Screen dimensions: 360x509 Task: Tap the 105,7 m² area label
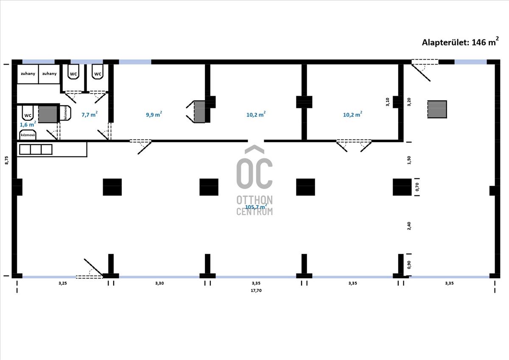point(256,207)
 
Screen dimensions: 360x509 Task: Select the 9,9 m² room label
point(154,114)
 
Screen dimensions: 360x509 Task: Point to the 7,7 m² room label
point(89,114)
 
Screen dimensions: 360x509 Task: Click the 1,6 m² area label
point(28,125)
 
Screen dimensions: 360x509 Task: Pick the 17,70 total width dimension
point(256,290)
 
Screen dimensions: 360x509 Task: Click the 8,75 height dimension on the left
point(6,160)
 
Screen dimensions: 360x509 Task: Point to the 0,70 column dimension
point(417,187)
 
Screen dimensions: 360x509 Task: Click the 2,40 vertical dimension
point(409,226)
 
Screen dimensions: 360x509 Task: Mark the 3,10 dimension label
point(388,102)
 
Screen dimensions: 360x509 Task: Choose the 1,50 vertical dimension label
point(409,160)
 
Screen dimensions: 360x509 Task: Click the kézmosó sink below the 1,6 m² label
point(28,135)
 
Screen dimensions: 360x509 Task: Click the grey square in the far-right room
point(437,109)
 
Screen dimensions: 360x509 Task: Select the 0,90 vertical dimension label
point(409,265)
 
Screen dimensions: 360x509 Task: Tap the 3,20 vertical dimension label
point(409,102)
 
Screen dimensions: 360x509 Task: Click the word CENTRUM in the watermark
point(255,212)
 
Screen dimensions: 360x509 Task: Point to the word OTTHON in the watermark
point(255,199)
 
